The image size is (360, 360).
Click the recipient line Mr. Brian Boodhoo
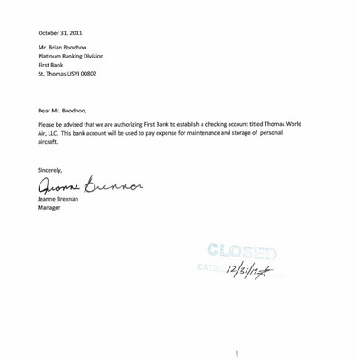tap(67, 57)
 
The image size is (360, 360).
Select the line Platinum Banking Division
tap(76, 65)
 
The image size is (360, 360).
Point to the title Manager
tap(49, 208)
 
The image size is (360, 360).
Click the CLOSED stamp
tap(239, 252)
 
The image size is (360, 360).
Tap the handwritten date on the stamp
tap(249, 269)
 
